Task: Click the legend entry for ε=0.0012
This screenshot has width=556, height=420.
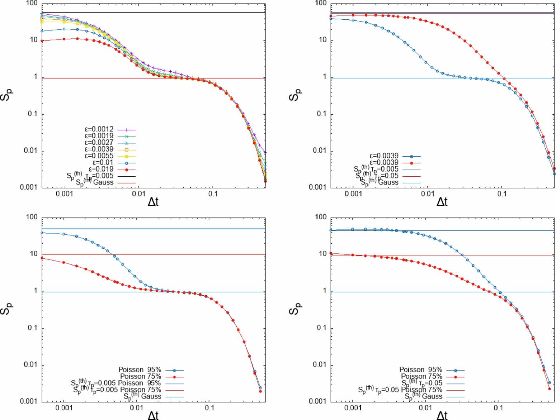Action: click(x=99, y=129)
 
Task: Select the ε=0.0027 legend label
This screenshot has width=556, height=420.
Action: click(x=99, y=143)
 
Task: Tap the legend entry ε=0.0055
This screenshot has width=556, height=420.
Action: click(x=99, y=156)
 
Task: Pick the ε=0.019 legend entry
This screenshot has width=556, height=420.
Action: click(x=101, y=169)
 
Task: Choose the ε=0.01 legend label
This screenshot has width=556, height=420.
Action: click(x=103, y=163)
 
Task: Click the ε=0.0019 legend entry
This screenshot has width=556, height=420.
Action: click(x=99, y=136)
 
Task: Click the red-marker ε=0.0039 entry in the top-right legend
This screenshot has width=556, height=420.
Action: click(x=384, y=163)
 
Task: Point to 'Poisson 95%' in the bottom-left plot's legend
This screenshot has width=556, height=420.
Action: click(x=140, y=370)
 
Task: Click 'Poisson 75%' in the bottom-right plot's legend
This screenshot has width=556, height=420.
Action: click(x=421, y=377)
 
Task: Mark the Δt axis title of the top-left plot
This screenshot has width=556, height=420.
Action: click(x=153, y=202)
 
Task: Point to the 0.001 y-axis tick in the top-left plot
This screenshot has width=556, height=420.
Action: click(x=29, y=187)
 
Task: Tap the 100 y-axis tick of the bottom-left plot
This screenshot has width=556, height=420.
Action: click(x=32, y=217)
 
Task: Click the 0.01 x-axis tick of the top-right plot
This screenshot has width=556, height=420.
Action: click(x=428, y=194)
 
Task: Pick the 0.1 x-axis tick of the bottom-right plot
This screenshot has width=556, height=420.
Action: click(x=498, y=408)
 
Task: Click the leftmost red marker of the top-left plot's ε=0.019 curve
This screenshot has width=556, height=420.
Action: click(x=42, y=41)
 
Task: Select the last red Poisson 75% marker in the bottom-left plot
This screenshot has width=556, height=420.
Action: click(x=260, y=391)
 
